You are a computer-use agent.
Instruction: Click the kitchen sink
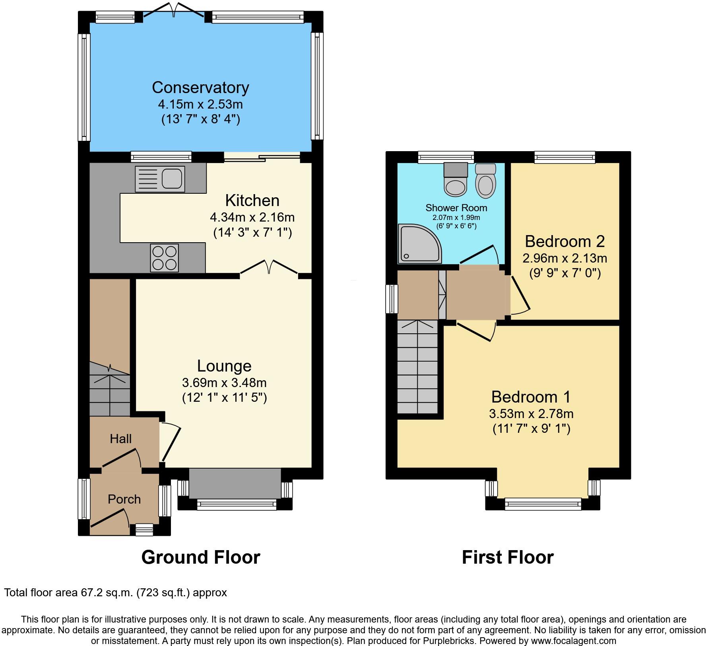[160, 179]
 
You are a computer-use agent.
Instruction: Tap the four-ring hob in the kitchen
[164, 258]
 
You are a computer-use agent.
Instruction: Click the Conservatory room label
[200, 88]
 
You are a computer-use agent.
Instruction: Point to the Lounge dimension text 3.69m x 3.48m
[224, 383]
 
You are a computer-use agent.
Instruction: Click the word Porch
[124, 499]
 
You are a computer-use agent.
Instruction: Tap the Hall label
[120, 439]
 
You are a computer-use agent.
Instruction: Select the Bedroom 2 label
[564, 241]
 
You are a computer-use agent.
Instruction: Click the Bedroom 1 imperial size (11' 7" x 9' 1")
[531, 429]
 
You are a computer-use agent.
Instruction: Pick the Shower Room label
[456, 208]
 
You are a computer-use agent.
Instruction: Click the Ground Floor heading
[201, 557]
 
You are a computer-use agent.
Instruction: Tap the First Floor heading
[508, 557]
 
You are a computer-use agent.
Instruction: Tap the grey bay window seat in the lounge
[235, 483]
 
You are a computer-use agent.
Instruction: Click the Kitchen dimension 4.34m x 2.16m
[252, 218]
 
